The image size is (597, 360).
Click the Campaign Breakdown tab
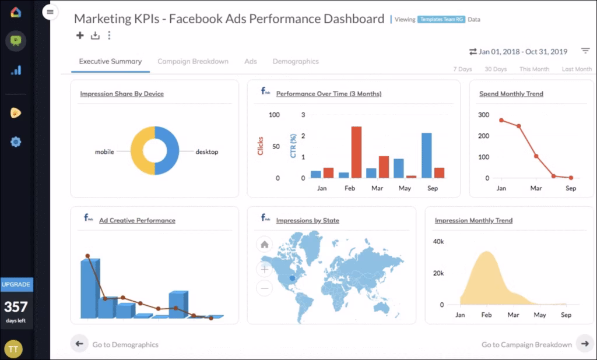pyautogui.click(x=192, y=61)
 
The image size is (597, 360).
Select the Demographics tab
pyautogui.click(x=296, y=61)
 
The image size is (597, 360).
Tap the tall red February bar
pyautogui.click(x=356, y=152)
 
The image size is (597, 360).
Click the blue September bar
pyautogui.click(x=426, y=155)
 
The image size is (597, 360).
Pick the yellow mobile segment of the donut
pyautogui.click(x=142, y=151)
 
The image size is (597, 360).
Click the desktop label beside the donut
pyautogui.click(x=206, y=152)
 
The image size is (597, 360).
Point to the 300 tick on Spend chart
pyautogui.click(x=483, y=114)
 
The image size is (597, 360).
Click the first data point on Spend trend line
pyautogui.click(x=501, y=120)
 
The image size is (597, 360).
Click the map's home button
pyautogui.click(x=265, y=245)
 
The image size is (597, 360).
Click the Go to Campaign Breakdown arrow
pyautogui.click(x=585, y=344)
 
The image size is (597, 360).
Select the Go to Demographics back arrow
pyautogui.click(x=79, y=344)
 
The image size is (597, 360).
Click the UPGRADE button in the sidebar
pyautogui.click(x=16, y=284)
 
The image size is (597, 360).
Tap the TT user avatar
pyautogui.click(x=13, y=348)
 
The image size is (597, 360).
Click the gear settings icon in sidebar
pyautogui.click(x=16, y=142)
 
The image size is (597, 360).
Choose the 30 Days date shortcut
pyautogui.click(x=496, y=69)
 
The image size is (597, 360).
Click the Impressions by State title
pyautogui.click(x=307, y=221)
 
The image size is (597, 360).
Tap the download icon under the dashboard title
pyautogui.click(x=95, y=36)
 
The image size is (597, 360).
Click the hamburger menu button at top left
pyautogui.click(x=50, y=12)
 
